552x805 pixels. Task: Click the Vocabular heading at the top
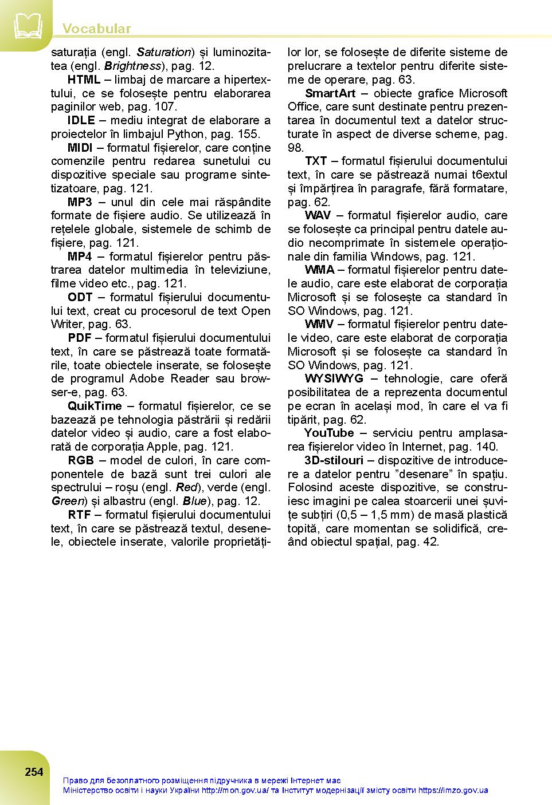pos(96,29)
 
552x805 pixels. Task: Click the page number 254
pos(34,772)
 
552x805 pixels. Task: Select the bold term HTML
pos(84,80)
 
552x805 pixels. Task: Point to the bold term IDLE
pos(81,120)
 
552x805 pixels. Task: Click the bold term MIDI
pos(80,148)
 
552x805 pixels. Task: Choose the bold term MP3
pos(80,202)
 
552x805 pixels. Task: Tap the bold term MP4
pos(80,257)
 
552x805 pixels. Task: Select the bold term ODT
pos(80,297)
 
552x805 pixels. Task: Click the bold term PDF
pos(80,338)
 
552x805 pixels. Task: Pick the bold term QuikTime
pos(95,406)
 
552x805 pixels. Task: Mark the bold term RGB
pos(80,460)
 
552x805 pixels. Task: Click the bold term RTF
pos(79,515)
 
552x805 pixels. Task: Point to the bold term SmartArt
pos(330,93)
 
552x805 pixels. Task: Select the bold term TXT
pos(315,161)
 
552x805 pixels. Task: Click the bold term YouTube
pos(328,433)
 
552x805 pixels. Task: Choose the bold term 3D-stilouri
pos(334,460)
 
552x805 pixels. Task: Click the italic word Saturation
pos(163,53)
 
